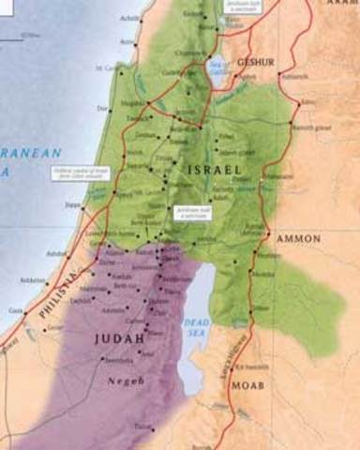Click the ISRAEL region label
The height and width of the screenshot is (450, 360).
point(215,169)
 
